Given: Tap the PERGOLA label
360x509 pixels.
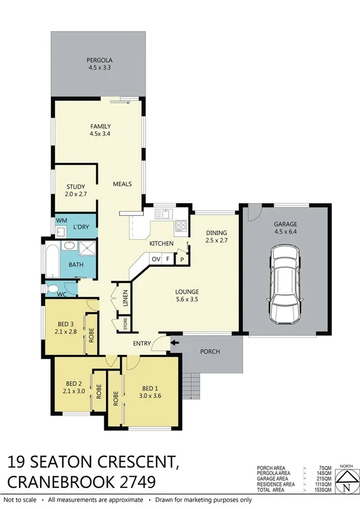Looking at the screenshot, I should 98,60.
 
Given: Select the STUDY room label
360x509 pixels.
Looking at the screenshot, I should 75,186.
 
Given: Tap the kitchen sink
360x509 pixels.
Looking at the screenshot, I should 164,213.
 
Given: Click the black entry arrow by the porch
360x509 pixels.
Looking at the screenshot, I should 174,344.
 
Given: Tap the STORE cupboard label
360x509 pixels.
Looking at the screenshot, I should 125,324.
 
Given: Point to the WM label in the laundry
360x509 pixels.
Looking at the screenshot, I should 60,221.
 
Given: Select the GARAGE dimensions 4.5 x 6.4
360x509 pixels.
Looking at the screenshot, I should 285,231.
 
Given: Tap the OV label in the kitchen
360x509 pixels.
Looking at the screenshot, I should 156,259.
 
